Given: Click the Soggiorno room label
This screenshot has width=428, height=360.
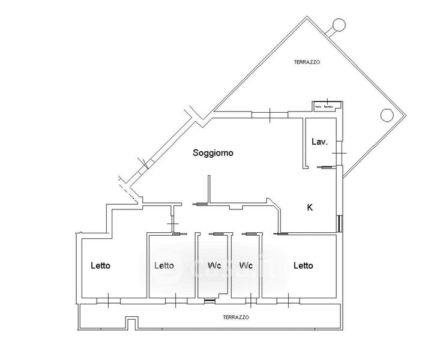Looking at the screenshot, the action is coord(212,153).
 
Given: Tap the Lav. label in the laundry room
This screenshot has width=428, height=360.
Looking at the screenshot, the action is coord(319,142).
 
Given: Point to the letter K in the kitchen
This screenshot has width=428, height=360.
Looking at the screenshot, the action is coord(310,208).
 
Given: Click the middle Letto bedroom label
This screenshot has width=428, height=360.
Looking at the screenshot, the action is coord(164,265).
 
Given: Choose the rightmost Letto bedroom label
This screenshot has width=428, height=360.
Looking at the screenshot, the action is coord(303,265).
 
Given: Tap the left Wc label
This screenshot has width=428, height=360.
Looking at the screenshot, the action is coord(215,265).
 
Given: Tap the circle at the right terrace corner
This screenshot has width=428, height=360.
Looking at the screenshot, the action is coord(387,115).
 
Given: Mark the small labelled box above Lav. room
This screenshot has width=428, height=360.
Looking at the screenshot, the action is coord(327,107).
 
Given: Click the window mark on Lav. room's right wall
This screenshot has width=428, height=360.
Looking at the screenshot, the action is coord(340,154).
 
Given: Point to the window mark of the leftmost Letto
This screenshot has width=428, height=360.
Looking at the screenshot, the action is coord(107,299).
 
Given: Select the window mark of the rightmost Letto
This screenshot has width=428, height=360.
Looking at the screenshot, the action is coord(288,299).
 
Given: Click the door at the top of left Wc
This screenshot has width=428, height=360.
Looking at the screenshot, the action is coord(216,234).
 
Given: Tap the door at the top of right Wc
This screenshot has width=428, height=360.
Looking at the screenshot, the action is coord(249,234).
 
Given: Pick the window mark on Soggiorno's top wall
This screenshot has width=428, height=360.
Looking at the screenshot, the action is coord(270,114).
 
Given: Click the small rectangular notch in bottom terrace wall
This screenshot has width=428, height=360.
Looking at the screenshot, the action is coord(132,323).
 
